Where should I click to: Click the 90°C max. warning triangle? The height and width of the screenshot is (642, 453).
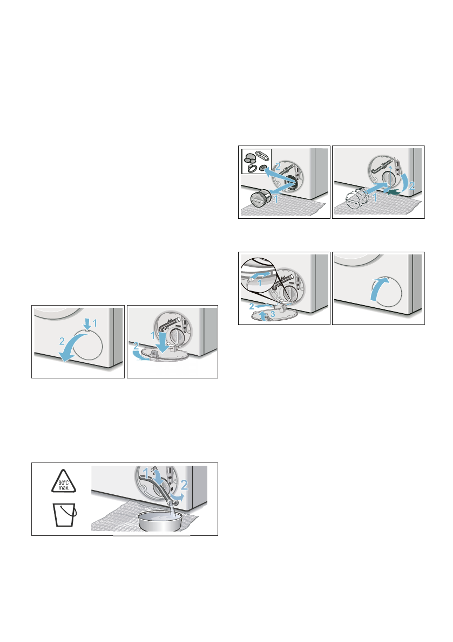[64, 482]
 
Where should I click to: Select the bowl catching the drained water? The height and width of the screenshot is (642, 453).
[160, 520]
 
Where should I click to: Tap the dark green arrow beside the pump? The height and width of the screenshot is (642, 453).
[394, 192]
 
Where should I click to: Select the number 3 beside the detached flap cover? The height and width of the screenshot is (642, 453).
[273, 314]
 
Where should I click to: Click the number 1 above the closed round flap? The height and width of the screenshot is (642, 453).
[95, 323]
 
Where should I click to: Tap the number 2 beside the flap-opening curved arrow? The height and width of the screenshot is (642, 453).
[62, 341]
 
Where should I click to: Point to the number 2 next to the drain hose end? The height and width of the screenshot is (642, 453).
[185, 485]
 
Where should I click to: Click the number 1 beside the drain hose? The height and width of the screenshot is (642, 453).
[146, 474]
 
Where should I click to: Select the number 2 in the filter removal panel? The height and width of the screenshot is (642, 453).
[278, 167]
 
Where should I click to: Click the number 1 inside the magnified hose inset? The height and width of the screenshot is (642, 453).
[259, 283]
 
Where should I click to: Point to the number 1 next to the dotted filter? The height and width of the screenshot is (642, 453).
[375, 198]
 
